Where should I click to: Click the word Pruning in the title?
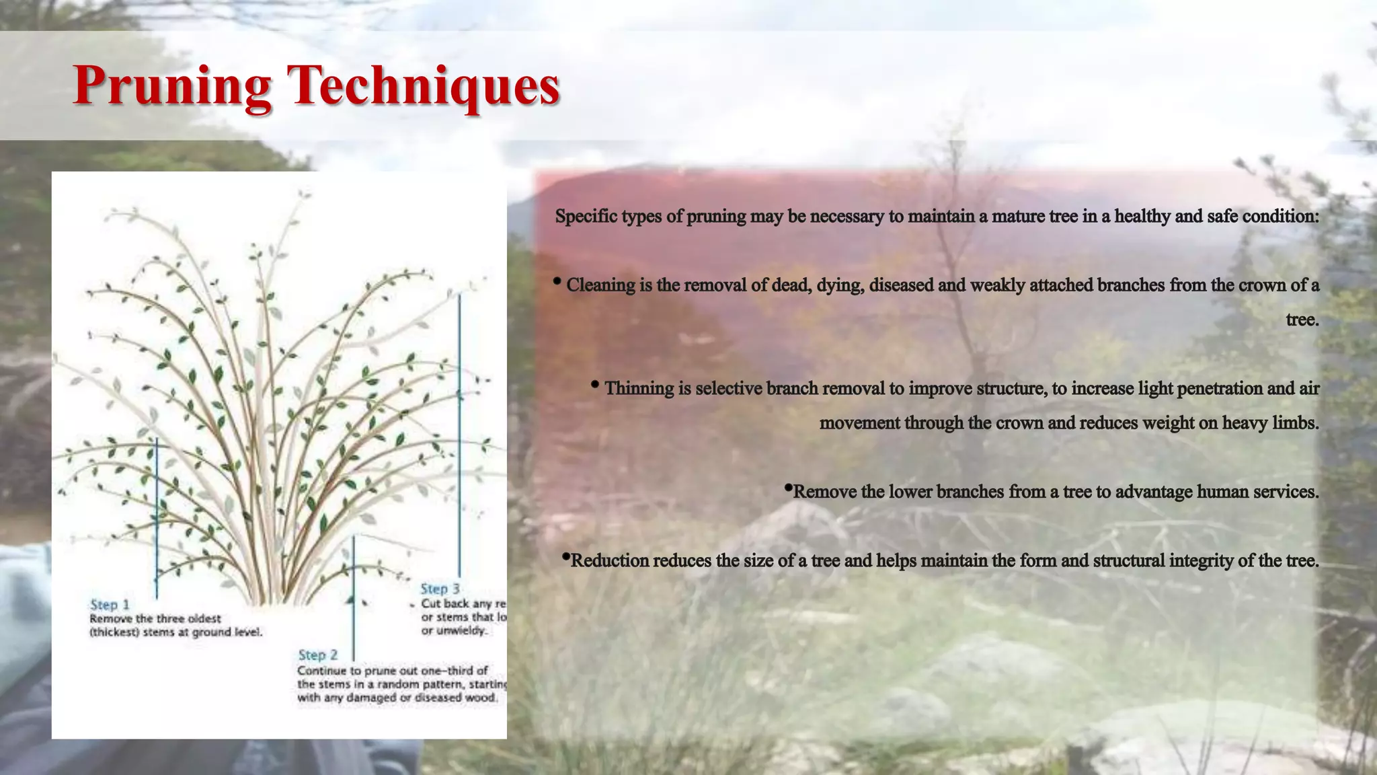tap(172, 85)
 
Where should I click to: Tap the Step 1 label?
tap(110, 604)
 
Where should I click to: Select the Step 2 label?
tap(317, 655)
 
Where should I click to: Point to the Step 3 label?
tap(440, 589)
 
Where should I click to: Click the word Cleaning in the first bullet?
tap(600, 285)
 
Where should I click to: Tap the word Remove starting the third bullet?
tap(825, 492)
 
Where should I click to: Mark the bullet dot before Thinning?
tap(595, 385)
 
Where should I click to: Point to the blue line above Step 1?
tap(157, 518)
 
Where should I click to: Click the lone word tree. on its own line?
tap(1302, 320)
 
